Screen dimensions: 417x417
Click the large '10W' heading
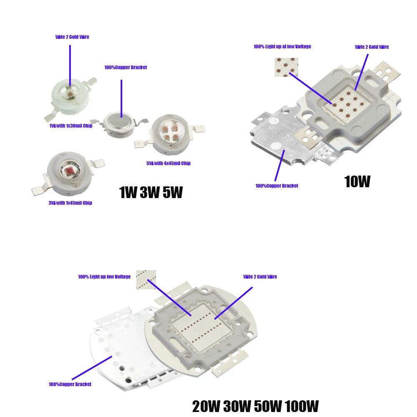click(357, 182)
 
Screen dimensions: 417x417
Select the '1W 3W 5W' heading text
click(151, 192)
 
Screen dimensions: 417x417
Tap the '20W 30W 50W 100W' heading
click(255, 406)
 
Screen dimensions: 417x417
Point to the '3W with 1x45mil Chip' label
click(70, 203)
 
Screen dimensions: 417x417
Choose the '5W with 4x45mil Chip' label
click(168, 163)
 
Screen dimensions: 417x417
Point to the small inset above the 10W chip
click(286, 67)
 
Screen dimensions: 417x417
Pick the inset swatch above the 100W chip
click(146, 279)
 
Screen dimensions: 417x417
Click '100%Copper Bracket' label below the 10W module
click(277, 186)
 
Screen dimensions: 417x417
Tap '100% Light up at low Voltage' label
click(282, 47)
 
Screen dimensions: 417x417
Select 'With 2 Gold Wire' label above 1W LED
click(72, 37)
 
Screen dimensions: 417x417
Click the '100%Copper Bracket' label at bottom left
click(70, 384)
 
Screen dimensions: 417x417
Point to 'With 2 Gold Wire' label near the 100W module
click(260, 277)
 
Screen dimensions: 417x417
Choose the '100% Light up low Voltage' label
click(104, 277)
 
